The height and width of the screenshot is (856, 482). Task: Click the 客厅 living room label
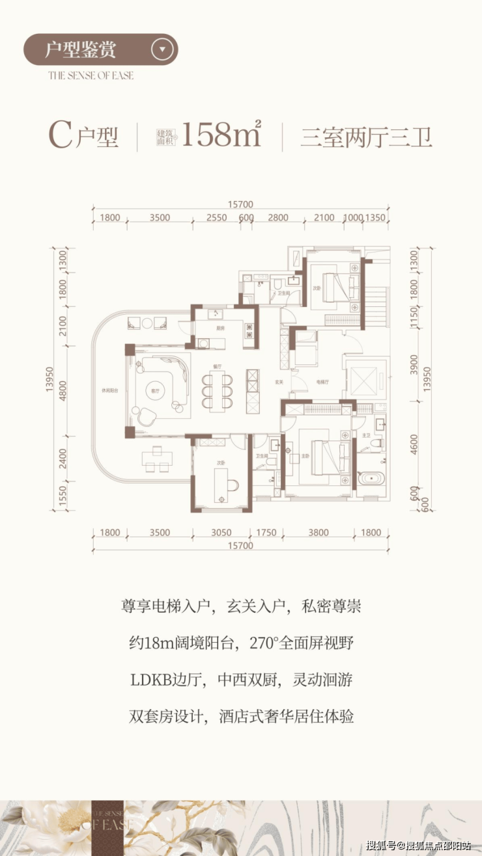coord(155,390)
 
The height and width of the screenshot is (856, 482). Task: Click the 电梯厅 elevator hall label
coord(321,381)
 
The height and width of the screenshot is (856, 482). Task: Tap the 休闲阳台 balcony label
coord(109,390)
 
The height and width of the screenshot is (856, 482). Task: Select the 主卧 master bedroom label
coord(305,455)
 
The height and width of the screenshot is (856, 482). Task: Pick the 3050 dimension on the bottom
coord(222,533)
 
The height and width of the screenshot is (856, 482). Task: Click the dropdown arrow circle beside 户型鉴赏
coord(163,49)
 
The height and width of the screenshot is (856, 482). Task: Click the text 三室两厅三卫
coord(366,137)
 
